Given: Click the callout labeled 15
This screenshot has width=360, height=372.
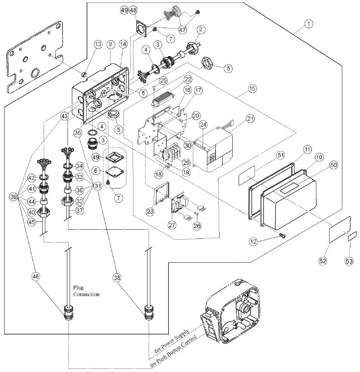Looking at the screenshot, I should click(252, 88).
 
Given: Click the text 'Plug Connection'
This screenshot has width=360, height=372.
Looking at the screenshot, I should click(86, 291).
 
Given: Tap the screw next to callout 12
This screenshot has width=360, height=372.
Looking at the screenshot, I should click(282, 235).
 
